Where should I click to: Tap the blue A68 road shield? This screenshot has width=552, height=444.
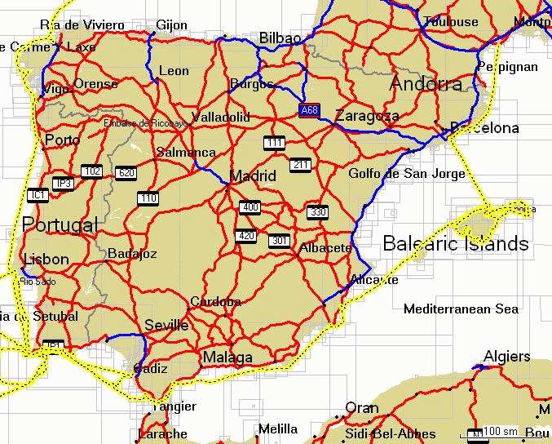coord(309,110)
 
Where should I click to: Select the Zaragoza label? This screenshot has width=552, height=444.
coord(367,116)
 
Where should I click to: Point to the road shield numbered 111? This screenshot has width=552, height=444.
coord(274,143)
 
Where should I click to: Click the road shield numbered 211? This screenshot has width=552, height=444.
coord(301,165)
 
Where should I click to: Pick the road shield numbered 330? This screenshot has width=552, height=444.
coord(318,212)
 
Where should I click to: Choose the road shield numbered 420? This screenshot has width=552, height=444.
coord(245,236)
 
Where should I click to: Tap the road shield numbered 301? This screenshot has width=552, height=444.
coord(279,240)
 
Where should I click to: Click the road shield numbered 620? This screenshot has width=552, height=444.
coord(126,172)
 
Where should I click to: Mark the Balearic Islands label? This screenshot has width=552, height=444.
coord(455,243)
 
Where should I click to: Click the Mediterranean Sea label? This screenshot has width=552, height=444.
coord(461,309)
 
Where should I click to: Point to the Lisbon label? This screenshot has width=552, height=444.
coord(46,260)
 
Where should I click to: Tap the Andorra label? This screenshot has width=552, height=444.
coord(426,84)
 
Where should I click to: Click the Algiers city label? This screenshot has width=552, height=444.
coord(506,357)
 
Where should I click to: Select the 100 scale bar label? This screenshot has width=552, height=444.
coord(500,431)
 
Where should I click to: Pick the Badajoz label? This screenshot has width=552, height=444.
coord(132,254)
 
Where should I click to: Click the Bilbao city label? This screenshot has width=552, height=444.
coord(280,38)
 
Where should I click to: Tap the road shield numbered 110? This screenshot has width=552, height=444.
coord(148,198)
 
